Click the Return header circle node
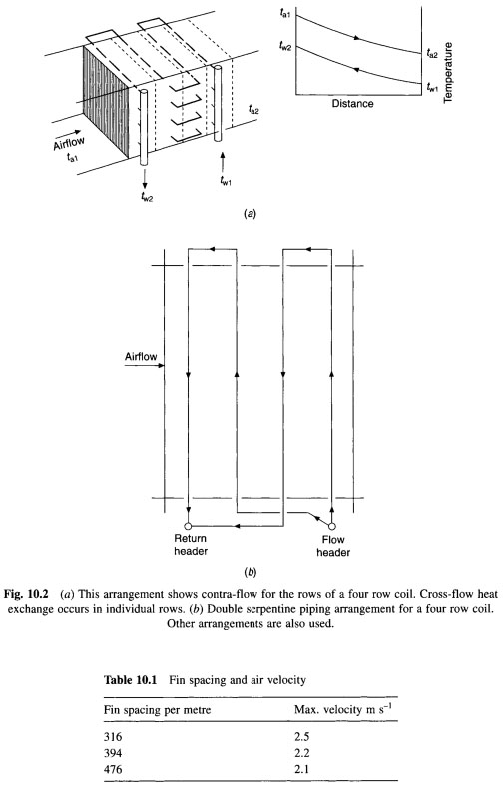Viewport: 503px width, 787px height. pos(188,526)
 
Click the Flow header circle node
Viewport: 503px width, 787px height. pos(332,526)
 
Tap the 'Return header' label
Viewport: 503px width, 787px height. pos(190,545)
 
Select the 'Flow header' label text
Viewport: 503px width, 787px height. pos(333,546)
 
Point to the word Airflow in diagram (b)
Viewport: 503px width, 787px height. pos(141,357)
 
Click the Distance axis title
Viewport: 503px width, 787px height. pos(352,104)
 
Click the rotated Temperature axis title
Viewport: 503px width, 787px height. pos(448,73)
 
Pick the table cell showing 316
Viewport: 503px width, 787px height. pos(113,737)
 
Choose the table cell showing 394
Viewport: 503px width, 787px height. pos(113,753)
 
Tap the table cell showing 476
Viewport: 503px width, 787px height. pos(113,769)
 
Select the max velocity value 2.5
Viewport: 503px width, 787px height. pos(302,737)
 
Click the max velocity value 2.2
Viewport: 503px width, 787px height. pos(302,753)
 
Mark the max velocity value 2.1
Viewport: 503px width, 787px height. pos(302,769)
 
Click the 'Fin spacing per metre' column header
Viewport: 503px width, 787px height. pos(157,710)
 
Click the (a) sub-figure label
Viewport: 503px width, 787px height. pos(250,214)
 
